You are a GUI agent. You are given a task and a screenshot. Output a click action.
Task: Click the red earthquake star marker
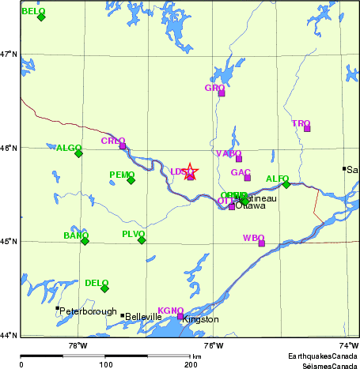pos(189,171)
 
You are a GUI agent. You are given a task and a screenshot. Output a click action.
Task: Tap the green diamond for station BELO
pos(41,17)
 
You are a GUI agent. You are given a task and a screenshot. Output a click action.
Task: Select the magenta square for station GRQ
pos(222,93)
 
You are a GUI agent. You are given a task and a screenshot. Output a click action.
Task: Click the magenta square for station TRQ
pos(307,129)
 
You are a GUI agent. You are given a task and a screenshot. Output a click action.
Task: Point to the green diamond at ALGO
pos(78,153)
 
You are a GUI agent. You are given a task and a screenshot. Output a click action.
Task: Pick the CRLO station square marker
pos(122,146)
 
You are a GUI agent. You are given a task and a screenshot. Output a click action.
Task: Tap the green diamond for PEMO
pos(131,180)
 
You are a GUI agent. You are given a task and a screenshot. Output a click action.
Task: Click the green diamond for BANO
pos(85,241)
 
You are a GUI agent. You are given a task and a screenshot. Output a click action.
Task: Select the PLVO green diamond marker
pos(142,239)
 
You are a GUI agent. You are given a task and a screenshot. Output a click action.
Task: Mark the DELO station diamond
pos(104,288)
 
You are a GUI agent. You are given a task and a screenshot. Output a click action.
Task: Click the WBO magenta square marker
pos(261,243)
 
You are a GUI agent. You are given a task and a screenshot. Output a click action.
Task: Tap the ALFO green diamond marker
pos(286,184)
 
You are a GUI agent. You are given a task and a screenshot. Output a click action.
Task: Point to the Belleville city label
pos(144,317)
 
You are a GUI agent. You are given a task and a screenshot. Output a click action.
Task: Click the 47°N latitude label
pos(9,54)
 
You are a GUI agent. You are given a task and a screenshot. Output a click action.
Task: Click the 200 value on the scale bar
pos(191,365)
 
